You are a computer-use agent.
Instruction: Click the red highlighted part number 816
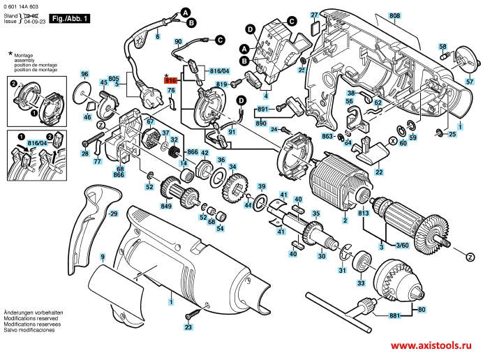coord(172,80)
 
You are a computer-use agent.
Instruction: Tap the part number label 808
coord(395,15)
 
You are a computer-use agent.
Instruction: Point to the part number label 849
coord(166,207)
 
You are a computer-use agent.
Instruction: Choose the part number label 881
coord(394,316)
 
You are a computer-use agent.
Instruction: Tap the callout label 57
coord(470,82)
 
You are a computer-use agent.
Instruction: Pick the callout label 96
coord(84,74)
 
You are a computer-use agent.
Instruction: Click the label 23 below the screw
coord(188,327)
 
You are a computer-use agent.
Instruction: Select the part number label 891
coord(262,110)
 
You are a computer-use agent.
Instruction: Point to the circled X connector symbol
coord(392,142)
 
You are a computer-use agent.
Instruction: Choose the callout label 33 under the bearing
coord(360,283)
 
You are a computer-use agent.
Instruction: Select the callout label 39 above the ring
coord(262,186)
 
